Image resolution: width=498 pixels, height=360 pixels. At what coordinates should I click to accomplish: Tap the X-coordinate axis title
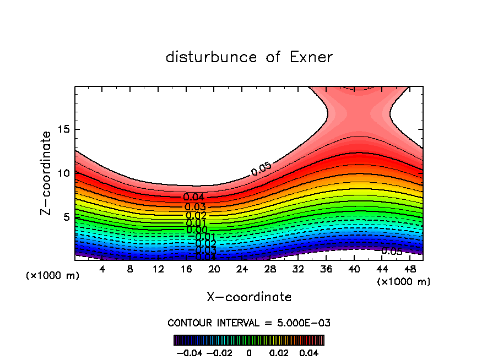pos(249,297)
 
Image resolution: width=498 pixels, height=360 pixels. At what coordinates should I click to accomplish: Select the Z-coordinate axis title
pos(46,173)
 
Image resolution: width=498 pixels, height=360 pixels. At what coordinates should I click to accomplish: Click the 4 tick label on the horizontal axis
pos(102,270)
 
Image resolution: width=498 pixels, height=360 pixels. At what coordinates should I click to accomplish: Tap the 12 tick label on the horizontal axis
pos(158,270)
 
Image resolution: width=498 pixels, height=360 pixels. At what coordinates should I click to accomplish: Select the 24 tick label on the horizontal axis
pos(242,270)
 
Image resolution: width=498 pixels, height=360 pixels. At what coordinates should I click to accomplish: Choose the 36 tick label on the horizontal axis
pos(326,270)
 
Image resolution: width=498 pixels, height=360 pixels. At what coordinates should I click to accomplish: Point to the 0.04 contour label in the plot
pos(194,197)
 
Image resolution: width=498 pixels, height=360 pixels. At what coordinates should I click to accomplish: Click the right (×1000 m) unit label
pos(404,282)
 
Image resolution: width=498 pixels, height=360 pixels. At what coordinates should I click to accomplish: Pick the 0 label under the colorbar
pos(249,352)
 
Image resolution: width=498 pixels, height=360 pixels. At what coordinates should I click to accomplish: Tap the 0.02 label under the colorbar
pos(279,352)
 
